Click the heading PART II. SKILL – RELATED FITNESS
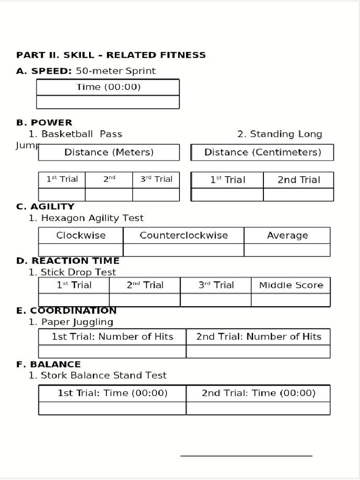tap(111, 55)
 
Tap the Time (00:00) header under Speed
tap(108, 87)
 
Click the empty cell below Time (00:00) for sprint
tap(108, 102)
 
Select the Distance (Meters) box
tap(109, 152)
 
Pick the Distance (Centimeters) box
tap(262, 152)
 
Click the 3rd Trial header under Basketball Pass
tap(156, 179)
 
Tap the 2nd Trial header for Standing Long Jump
tap(299, 180)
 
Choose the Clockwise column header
tap(81, 235)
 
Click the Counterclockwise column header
tap(184, 235)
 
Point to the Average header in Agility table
tap(287, 235)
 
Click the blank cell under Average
tap(287, 250)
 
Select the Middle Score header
tap(291, 285)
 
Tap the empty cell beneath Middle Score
tap(291, 300)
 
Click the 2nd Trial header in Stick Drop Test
tap(145, 285)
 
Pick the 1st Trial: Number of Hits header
tap(112, 337)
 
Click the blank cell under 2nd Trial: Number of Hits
tap(258, 352)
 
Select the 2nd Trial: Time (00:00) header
tap(258, 393)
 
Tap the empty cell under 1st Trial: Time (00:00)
tap(112, 408)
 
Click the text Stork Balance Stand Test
tap(104, 375)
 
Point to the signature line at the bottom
tap(246, 456)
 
